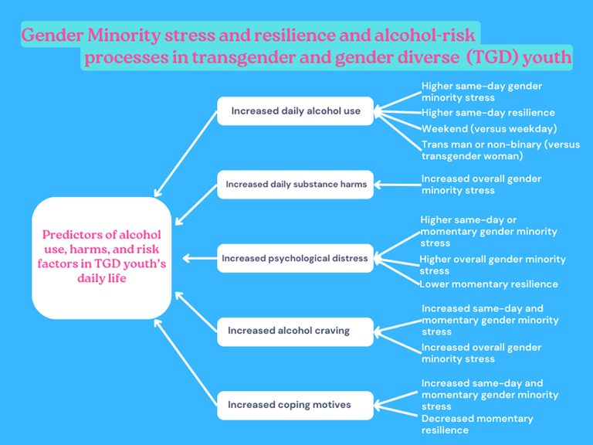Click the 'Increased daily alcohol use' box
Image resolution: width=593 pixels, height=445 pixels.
pos(296,111)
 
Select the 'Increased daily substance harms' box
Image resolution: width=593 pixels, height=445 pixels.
pos(296,185)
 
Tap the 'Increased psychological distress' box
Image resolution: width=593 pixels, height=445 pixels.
pos(296,258)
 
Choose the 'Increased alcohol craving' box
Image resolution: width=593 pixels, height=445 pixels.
pos(296,331)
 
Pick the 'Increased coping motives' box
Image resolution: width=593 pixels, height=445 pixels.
pos(296,406)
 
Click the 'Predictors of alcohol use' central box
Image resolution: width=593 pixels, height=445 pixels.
pos(102,258)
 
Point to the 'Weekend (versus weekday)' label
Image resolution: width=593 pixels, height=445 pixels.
pos(489,129)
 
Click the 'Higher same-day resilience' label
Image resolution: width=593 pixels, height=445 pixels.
pos(488,113)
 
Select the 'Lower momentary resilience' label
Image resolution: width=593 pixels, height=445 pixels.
pos(489,284)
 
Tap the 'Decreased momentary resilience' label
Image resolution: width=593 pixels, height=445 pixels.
pos(477,424)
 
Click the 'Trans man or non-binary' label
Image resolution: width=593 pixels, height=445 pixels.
pos(500,150)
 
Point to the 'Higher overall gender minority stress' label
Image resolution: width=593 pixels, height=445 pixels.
pos(493,265)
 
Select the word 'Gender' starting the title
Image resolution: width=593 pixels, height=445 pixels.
pos(53,36)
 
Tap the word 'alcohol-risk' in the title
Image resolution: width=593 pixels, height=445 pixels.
pos(425,35)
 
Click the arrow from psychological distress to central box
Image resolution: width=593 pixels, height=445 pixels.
pos(200,259)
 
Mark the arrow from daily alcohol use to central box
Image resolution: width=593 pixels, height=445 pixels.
pos(185,154)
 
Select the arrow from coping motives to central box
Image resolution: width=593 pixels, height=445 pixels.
pos(185,362)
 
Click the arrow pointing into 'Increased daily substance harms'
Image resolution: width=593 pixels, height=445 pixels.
pos(398,185)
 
